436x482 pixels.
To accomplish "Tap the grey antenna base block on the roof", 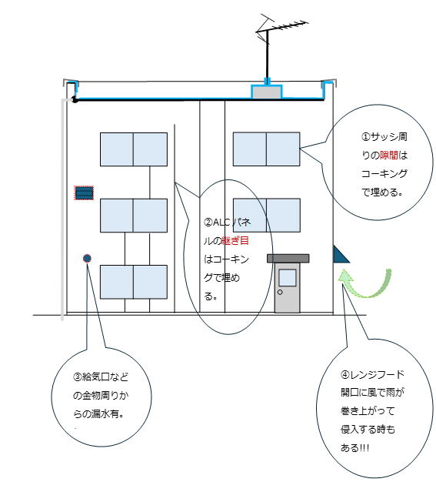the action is (x=267, y=92).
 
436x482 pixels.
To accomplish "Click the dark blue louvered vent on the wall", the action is (x=84, y=193).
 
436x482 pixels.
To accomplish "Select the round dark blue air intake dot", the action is (x=87, y=258).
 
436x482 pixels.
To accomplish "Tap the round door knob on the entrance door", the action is (x=280, y=292).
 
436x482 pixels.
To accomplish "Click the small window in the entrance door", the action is (x=288, y=278).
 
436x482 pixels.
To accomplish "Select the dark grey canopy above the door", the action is (x=288, y=258).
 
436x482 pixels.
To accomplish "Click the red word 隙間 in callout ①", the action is (x=389, y=156).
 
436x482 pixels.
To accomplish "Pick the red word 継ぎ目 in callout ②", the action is (x=235, y=241).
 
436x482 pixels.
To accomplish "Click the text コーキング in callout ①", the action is (x=384, y=174).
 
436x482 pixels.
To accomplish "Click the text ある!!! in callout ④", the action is (x=354, y=447).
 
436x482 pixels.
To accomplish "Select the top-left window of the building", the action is (x=134, y=149).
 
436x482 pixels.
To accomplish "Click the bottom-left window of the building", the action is (x=134, y=282).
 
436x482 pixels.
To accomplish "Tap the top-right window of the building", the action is (x=267, y=149).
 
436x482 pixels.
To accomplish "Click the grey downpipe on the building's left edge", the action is (x=62, y=209).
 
